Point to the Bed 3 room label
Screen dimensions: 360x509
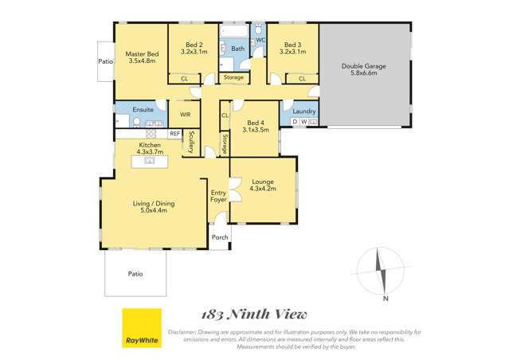click(293, 48)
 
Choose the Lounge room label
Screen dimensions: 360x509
click(262, 186)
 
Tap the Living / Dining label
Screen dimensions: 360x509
click(153, 207)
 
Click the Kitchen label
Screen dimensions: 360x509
click(148, 148)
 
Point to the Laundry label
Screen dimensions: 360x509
click(304, 111)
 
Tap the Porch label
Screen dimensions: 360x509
click(219, 236)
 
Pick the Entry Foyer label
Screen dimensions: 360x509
click(218, 196)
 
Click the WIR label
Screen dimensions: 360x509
click(185, 115)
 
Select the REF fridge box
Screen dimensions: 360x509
click(174, 133)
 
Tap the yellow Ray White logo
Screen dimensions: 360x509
click(141, 328)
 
